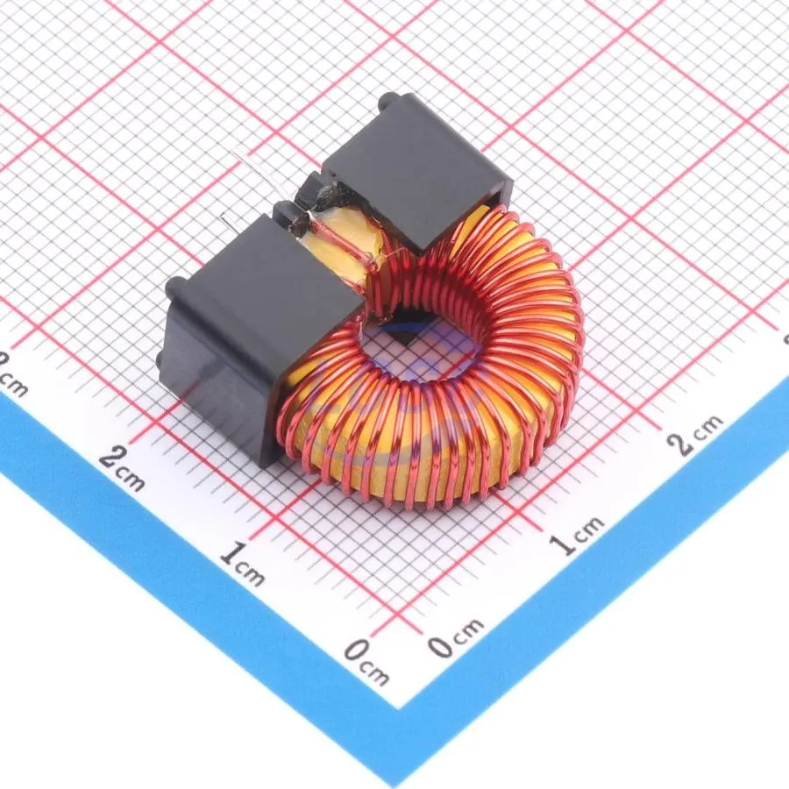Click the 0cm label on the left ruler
(x=366, y=661)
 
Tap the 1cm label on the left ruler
(x=242, y=564)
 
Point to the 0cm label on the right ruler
(x=456, y=637)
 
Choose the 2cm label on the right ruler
(x=695, y=434)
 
